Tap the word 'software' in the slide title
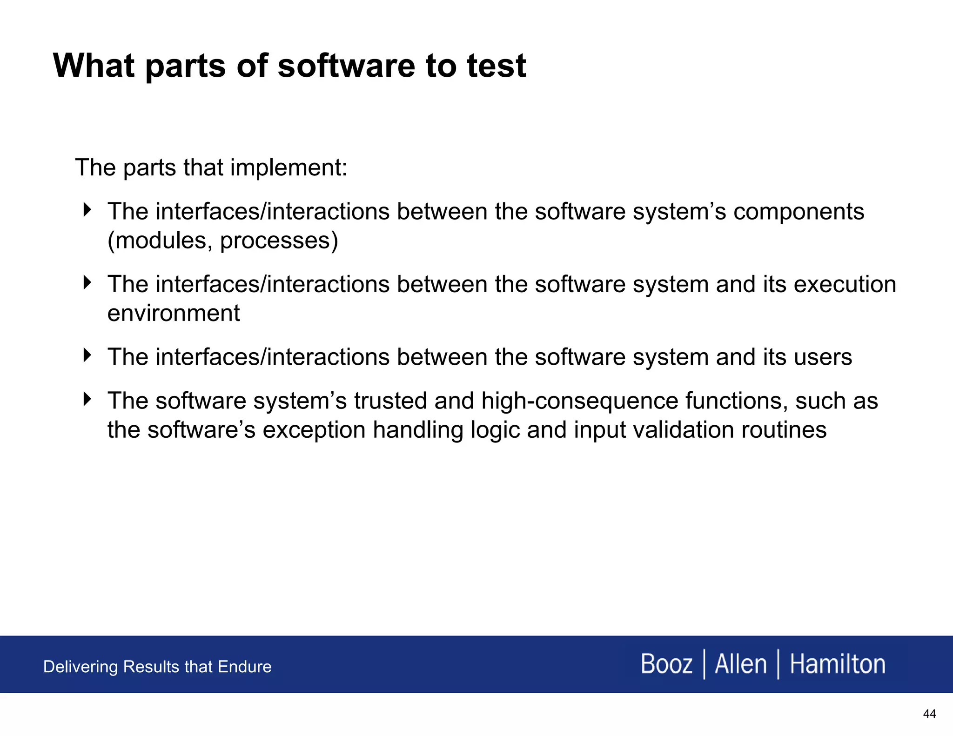(346, 66)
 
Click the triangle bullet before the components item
(87, 210)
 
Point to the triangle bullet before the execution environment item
(87, 282)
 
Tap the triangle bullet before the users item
(87, 355)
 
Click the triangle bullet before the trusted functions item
(87, 399)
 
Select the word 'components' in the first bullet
(799, 212)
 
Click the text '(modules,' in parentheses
(160, 241)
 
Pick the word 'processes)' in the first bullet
(279, 241)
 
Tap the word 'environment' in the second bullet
(174, 313)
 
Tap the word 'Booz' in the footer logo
(666, 664)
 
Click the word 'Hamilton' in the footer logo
(837, 664)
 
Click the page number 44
(929, 714)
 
